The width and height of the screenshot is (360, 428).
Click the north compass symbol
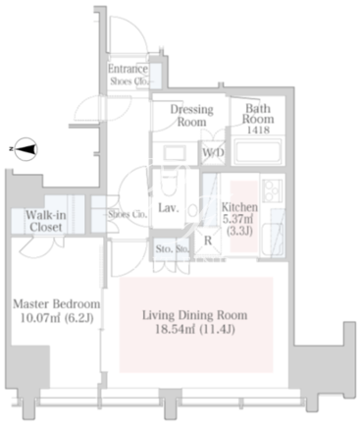(26, 149)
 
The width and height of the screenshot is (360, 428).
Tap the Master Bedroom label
(57, 304)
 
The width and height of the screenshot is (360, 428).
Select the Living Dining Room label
(194, 315)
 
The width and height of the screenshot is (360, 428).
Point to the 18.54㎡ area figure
(177, 329)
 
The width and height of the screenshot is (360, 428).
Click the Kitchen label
(239, 207)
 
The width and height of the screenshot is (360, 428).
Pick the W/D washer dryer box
(213, 152)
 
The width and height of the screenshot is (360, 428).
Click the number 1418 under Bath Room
(258, 130)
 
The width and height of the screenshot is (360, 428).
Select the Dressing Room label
(192, 115)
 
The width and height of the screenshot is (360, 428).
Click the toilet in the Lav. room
(169, 185)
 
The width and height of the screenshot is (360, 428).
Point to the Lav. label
(169, 208)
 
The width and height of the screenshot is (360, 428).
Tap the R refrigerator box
(208, 241)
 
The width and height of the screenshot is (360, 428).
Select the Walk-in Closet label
(46, 221)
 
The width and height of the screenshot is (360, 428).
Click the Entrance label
(128, 69)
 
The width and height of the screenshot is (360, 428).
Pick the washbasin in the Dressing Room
(175, 152)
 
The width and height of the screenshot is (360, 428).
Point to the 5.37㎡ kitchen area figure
(237, 219)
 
